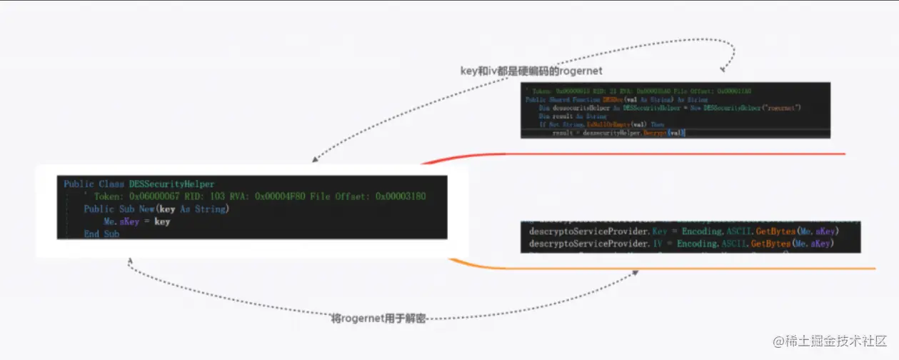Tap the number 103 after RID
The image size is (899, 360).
tap(218, 196)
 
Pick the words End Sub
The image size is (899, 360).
tap(101, 234)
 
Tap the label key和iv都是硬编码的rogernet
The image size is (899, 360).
tap(531, 71)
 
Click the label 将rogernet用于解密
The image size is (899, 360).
tap(378, 319)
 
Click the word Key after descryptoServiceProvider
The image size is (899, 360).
tap(661, 231)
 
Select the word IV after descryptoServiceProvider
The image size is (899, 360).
tap(658, 244)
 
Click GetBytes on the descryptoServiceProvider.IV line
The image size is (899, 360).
tap(777, 244)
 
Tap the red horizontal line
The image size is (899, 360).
tap(643, 154)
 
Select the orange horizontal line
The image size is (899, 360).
tap(678, 269)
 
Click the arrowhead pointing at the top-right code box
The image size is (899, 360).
tap(723, 69)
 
